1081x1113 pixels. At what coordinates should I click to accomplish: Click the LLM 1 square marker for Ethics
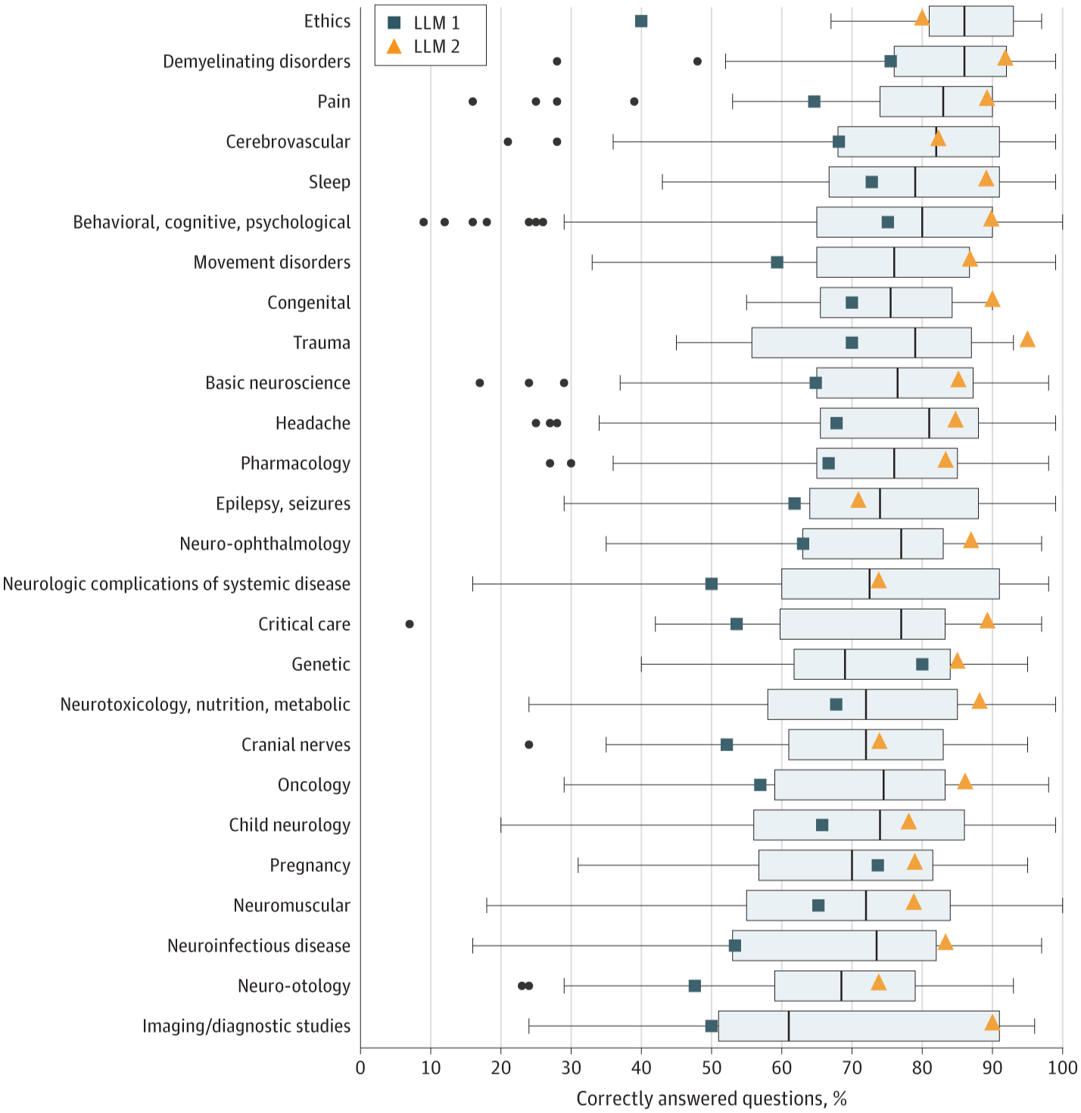(641, 21)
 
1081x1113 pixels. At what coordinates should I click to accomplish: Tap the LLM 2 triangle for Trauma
(1027, 340)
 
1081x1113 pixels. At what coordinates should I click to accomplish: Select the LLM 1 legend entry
(423, 23)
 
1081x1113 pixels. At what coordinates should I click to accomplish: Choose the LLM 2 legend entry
(423, 47)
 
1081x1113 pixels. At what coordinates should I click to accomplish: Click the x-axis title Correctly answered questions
(711, 1099)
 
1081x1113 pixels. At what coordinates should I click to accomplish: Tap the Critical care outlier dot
(410, 624)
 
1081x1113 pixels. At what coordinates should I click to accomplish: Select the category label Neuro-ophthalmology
(265, 544)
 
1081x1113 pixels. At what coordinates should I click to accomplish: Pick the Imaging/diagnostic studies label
(246, 1026)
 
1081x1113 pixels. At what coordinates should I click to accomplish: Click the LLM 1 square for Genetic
(922, 664)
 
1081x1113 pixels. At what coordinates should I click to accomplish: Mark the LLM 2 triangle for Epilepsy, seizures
(858, 500)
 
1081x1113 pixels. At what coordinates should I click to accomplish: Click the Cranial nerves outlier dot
(529, 744)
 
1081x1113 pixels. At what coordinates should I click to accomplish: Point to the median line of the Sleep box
(915, 182)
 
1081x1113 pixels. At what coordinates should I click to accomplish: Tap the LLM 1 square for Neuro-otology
(695, 986)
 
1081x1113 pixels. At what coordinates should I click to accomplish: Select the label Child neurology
(289, 825)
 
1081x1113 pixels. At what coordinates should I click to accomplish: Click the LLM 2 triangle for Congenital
(992, 300)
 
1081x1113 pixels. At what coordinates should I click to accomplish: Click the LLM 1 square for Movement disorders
(777, 262)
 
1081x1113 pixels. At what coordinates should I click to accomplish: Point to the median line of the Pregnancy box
(852, 865)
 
